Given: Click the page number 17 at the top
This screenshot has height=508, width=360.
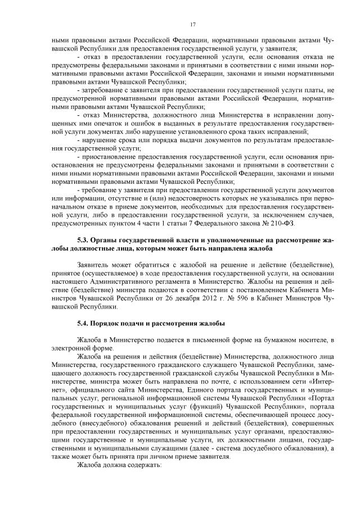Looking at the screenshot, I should click(192, 24).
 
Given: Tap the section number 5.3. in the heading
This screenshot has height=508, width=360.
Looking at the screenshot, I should click(84, 241).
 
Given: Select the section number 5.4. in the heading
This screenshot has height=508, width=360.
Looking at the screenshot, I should click(84, 324).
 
